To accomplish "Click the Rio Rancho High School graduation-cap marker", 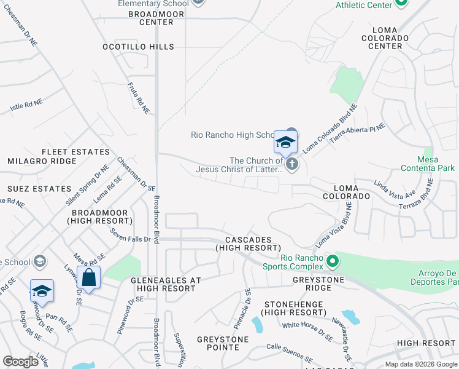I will [285, 143].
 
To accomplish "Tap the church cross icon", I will [292, 164].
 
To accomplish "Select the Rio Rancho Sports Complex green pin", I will [332, 261].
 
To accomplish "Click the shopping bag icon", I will [89, 277].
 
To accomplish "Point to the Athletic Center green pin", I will [401, 3].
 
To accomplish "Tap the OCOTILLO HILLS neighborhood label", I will [139, 47].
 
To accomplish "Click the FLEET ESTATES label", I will [67, 151].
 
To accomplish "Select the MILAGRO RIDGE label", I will [42, 161].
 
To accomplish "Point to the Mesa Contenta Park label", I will [428, 163].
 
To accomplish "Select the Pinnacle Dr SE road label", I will [242, 301].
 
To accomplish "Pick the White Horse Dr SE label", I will [307, 330].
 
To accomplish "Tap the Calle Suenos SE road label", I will [290, 352].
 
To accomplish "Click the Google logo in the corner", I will [20, 362].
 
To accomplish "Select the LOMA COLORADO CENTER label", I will [390, 38].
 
